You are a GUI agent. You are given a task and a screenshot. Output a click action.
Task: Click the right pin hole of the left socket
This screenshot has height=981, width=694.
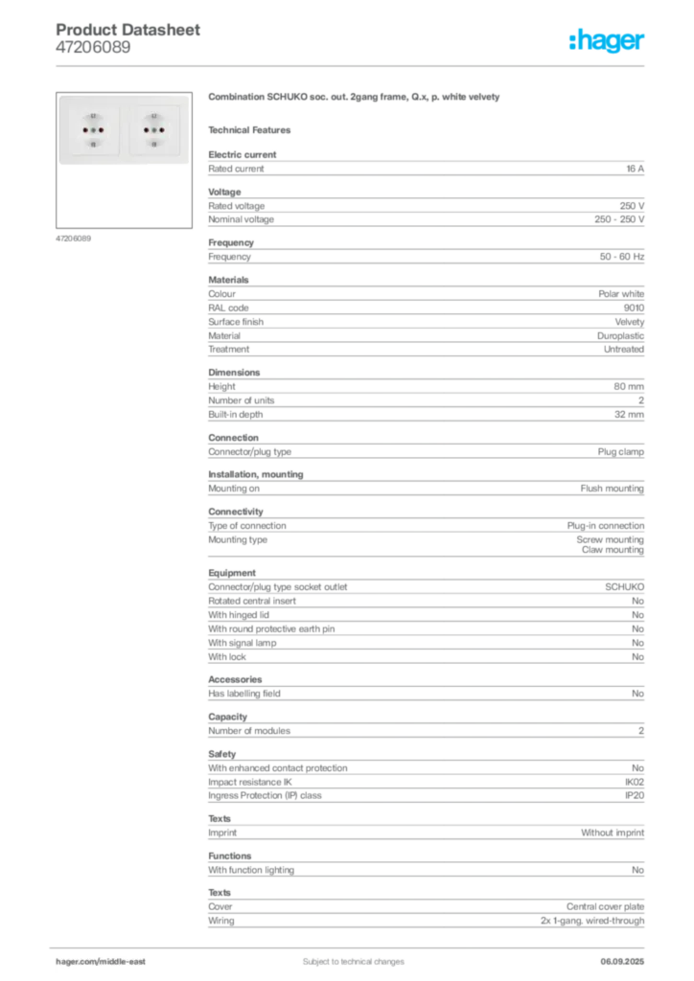[x=101, y=128]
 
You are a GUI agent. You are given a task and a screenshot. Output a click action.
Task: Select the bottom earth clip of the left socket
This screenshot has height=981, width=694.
[x=93, y=143]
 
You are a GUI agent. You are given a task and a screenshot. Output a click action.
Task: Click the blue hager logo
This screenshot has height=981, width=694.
[x=608, y=41]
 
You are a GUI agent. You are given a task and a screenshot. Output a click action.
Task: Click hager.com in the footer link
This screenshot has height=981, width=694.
[x=77, y=961]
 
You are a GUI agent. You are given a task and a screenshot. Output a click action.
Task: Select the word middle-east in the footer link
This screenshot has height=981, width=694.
[x=125, y=961]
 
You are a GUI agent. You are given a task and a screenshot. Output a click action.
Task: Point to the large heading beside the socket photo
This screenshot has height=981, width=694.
[x=356, y=98]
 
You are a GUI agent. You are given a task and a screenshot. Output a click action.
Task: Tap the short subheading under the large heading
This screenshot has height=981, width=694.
[x=253, y=128]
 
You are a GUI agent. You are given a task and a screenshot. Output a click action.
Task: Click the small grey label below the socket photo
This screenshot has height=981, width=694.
[x=73, y=238]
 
